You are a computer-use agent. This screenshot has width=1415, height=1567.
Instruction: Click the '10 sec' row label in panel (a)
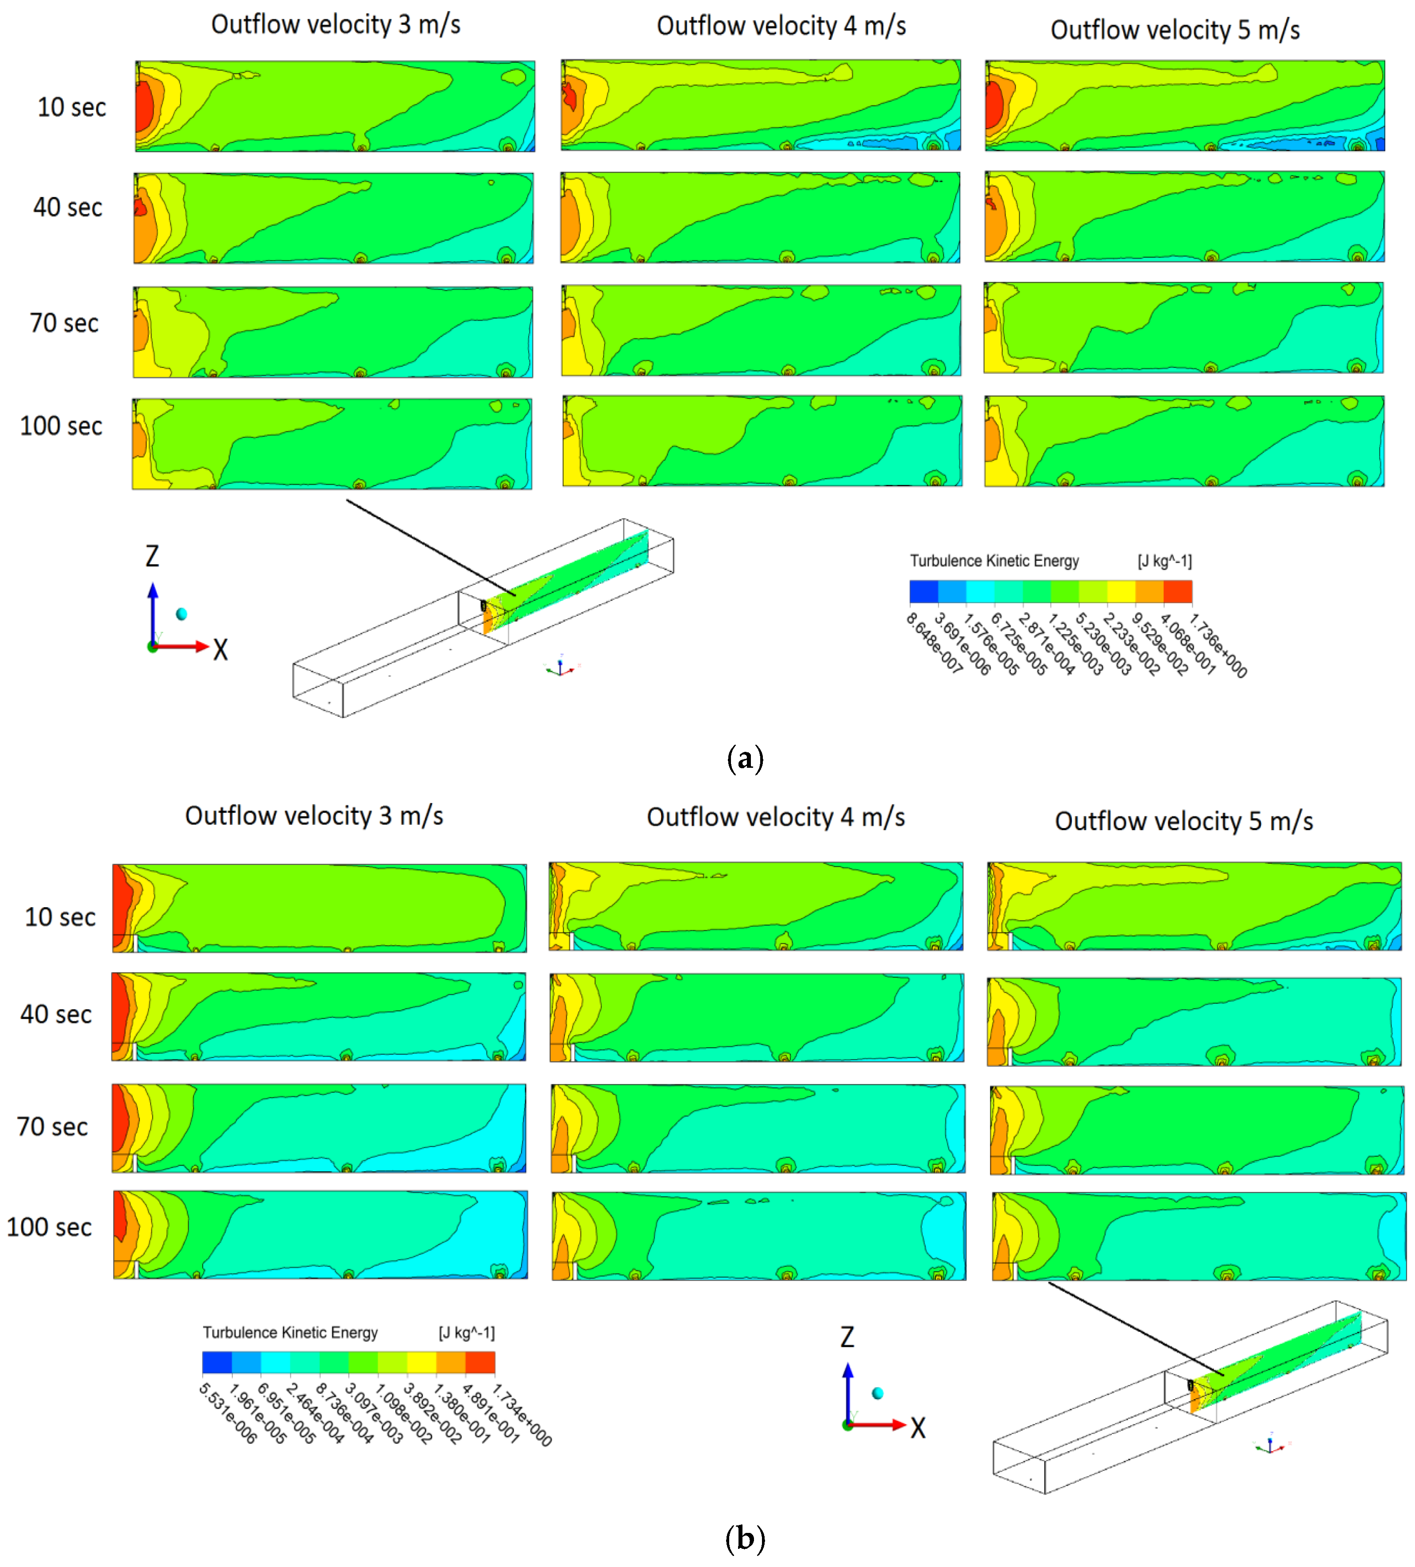(71, 107)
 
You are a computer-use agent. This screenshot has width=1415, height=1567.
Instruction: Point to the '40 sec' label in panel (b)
(55, 1014)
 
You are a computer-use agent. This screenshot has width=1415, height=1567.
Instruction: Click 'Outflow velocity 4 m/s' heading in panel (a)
(781, 26)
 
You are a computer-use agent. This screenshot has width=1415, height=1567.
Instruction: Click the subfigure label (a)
(744, 758)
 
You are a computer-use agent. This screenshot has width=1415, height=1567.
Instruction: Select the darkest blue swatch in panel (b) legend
(217, 1362)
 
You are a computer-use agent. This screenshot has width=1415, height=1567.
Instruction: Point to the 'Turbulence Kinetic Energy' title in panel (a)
(994, 561)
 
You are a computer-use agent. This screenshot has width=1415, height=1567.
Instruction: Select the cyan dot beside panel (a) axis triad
(182, 614)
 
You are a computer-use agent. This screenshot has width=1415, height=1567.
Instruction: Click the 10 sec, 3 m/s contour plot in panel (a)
(335, 106)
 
